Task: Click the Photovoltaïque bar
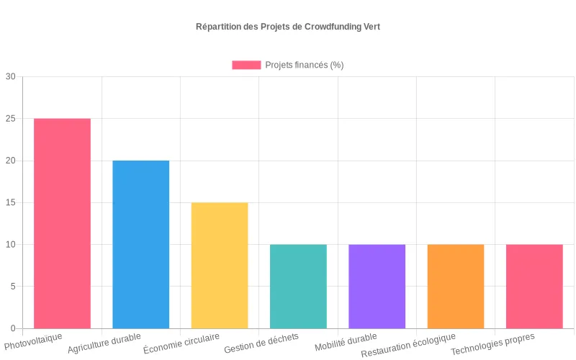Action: click(x=62, y=223)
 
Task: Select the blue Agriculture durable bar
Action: click(x=141, y=244)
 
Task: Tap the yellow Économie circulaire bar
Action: click(x=220, y=265)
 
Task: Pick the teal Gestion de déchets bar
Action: click(x=298, y=286)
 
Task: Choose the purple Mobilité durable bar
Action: click(x=377, y=286)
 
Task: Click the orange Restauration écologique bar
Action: click(x=455, y=286)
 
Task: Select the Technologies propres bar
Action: click(x=534, y=286)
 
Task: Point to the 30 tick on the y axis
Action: click(x=10, y=77)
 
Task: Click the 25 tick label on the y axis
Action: click(x=10, y=119)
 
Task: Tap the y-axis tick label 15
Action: click(x=10, y=202)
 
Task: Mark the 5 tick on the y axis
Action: click(x=12, y=287)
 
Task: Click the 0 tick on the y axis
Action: click(x=12, y=328)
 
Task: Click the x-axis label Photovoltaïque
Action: click(x=33, y=341)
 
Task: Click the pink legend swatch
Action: click(x=246, y=65)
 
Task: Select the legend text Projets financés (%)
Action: click(x=304, y=65)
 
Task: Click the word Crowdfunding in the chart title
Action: click(x=328, y=27)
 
